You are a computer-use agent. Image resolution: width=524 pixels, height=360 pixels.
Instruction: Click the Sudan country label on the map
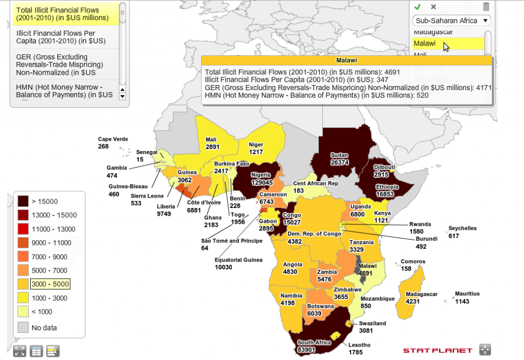point(339,155)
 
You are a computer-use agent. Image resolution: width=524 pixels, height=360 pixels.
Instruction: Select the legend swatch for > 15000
point(24,201)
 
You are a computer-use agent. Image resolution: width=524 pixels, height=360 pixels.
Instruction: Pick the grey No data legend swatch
point(24,327)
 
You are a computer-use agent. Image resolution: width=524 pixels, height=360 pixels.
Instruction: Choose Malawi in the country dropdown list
point(424,44)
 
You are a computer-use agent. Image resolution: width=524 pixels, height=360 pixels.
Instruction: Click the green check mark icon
point(417,7)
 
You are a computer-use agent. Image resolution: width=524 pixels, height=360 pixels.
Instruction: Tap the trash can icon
point(486,7)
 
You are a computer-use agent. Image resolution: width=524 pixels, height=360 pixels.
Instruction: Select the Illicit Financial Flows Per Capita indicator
point(61,36)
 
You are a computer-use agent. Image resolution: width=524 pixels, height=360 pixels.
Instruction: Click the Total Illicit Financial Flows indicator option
point(62,13)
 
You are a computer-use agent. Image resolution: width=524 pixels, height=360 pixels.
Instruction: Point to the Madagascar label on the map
point(422,294)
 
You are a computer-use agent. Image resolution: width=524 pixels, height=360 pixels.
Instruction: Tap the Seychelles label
point(462,228)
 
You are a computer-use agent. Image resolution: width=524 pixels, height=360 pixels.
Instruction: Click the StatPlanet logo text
point(437,350)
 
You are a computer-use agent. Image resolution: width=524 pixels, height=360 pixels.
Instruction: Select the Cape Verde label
point(113,139)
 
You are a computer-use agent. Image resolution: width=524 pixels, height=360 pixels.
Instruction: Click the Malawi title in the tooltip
point(346,60)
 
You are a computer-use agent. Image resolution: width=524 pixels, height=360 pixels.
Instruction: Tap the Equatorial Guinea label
point(238,260)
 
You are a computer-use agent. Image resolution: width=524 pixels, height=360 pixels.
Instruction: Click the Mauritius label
point(468,294)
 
